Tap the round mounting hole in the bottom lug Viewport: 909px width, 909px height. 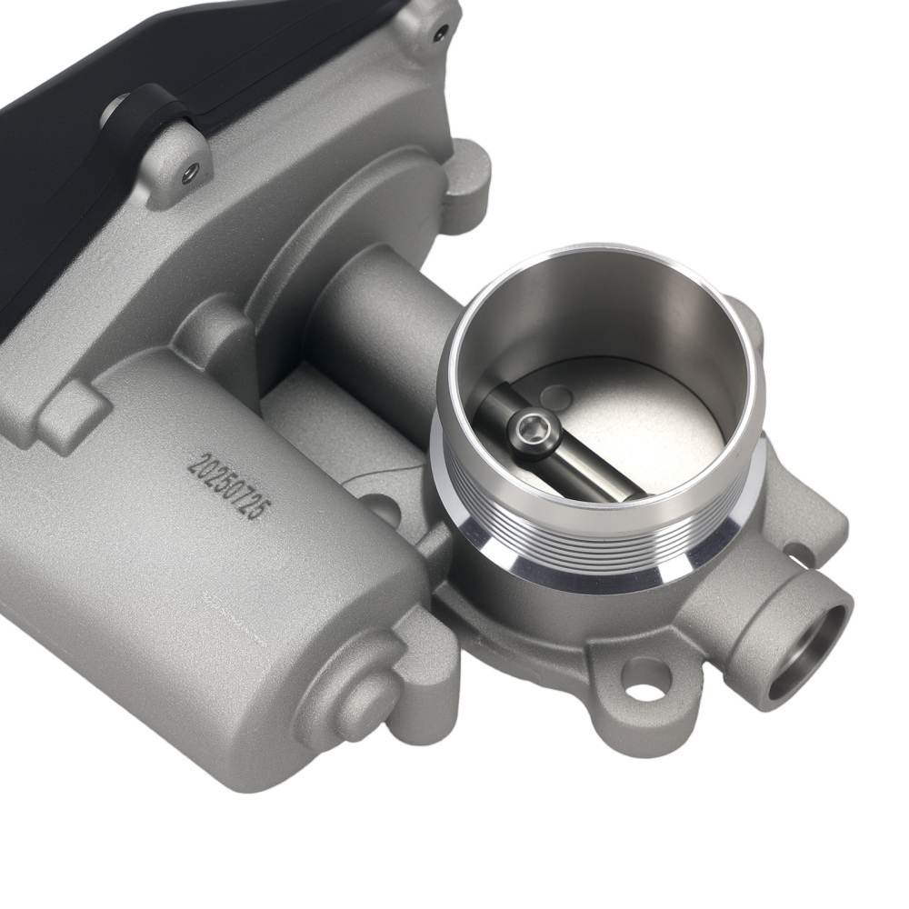coord(646,679)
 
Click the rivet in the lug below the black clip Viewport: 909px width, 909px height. coord(189,170)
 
